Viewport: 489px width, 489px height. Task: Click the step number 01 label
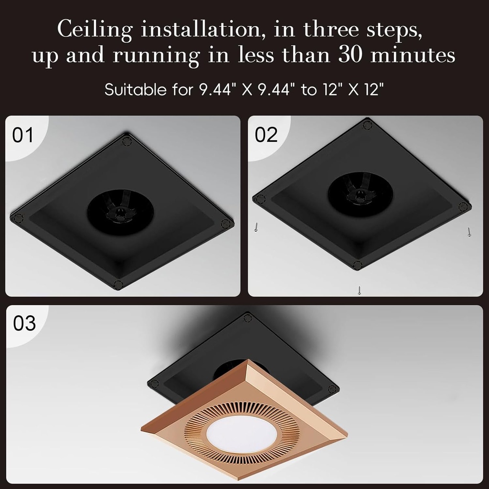tap(23, 135)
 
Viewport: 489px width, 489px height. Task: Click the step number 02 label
tap(266, 135)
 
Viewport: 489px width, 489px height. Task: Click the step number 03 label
tap(24, 323)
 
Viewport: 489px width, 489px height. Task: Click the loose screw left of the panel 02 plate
tap(256, 227)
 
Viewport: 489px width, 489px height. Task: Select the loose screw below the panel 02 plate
tap(359, 290)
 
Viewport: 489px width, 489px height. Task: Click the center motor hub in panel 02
tap(360, 195)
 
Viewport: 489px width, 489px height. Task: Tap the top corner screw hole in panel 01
tap(127, 141)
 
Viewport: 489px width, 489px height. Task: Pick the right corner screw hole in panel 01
tap(226, 223)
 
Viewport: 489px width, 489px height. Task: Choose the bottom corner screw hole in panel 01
tap(118, 285)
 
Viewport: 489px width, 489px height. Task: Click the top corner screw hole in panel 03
tap(247, 318)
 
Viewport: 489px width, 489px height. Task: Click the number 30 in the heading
tap(351, 55)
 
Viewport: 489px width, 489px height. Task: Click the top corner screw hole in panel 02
tap(367, 125)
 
